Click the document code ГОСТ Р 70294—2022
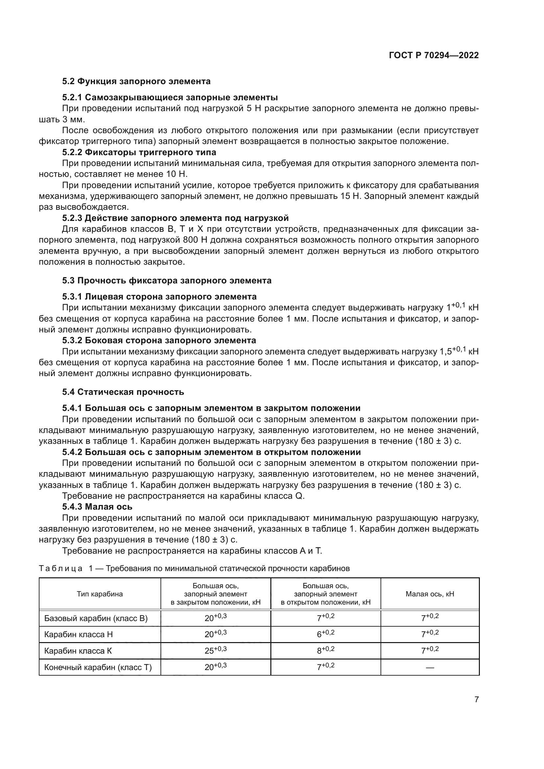[x=433, y=56]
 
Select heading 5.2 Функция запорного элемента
[x=136, y=82]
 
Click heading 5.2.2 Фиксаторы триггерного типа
[x=139, y=153]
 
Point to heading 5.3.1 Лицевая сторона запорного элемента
[x=159, y=297]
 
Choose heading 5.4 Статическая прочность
[x=123, y=392]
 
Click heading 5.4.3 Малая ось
[x=97, y=507]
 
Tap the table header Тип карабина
[x=100, y=594]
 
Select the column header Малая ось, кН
[x=430, y=594]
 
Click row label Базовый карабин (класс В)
[x=96, y=618]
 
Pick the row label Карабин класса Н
[x=78, y=634]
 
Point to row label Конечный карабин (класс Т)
[x=98, y=667]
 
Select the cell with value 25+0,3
[x=215, y=650]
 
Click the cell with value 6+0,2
[x=326, y=634]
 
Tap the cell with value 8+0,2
[x=326, y=650]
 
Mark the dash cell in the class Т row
[x=430, y=667]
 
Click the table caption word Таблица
[x=61, y=568]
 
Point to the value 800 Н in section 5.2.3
[x=195, y=240]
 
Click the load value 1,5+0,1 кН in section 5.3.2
[x=458, y=351]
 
